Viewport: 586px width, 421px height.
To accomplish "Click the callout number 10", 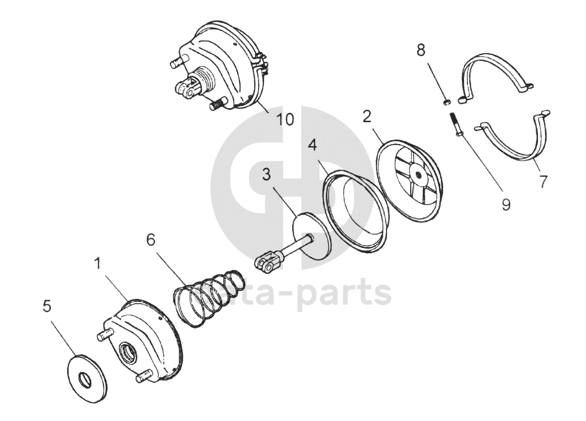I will click(285, 120).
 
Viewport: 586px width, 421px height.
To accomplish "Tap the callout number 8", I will click(421, 50).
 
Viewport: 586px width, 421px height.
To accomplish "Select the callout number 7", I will click(543, 182).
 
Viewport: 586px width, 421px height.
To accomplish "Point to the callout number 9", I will click(506, 205).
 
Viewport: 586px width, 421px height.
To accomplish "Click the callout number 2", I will click(367, 116).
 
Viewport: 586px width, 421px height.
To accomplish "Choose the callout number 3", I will click(266, 174).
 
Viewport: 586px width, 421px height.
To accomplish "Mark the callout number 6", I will click(151, 239).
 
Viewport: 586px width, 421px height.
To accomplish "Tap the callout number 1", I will click(98, 264).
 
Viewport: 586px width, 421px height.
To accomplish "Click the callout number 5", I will click(47, 306).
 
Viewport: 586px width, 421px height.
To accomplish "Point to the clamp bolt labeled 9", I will click(456, 124).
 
